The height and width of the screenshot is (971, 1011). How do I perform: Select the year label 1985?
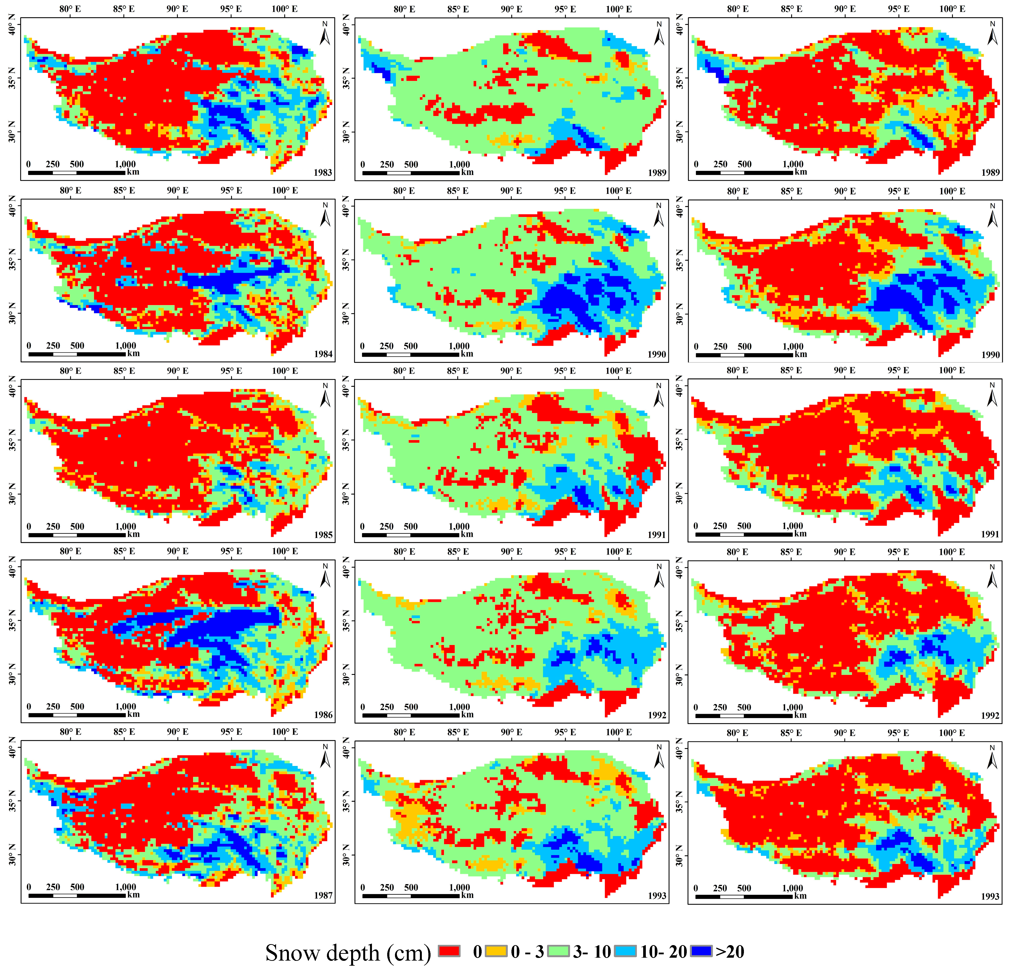click(x=323, y=535)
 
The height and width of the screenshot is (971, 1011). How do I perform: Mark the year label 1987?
click(x=323, y=896)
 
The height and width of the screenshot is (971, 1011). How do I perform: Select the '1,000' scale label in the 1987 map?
click(x=125, y=887)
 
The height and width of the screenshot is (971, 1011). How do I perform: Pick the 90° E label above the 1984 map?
click(x=178, y=190)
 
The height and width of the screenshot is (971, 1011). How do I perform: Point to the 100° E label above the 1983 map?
click(x=285, y=9)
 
